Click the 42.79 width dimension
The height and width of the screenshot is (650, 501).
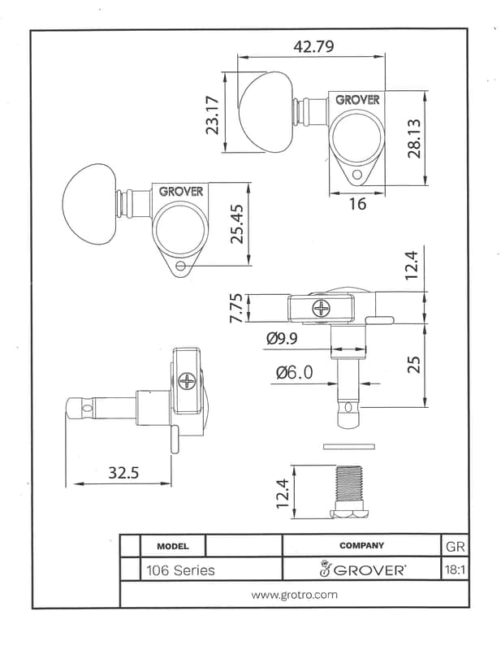click(x=313, y=46)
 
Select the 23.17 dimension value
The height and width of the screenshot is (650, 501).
click(x=212, y=115)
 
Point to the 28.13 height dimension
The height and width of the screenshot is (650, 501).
click(x=414, y=138)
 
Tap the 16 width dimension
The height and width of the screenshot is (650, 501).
click(x=357, y=204)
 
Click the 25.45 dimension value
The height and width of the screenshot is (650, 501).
click(x=236, y=224)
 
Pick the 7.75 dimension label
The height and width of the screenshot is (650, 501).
click(x=235, y=308)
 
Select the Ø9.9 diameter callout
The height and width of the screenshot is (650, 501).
click(x=282, y=339)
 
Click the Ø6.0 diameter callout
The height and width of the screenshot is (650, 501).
click(x=295, y=372)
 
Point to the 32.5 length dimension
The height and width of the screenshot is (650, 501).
click(x=123, y=472)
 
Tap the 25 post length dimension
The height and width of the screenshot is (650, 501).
click(x=413, y=364)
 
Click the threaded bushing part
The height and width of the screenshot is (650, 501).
click(x=348, y=492)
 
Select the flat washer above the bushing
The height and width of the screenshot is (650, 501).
click(x=349, y=446)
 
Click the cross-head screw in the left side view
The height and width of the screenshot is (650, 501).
click(x=188, y=381)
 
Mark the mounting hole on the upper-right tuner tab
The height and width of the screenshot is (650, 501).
click(x=357, y=175)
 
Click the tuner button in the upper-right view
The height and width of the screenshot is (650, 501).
click(x=266, y=112)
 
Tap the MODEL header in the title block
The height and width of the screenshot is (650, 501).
click(x=173, y=546)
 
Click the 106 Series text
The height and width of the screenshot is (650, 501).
click(x=181, y=570)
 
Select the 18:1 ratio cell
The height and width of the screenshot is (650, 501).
click(x=455, y=570)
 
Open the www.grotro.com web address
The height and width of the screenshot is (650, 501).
click(x=294, y=595)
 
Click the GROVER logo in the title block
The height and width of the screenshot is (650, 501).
click(x=361, y=569)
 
